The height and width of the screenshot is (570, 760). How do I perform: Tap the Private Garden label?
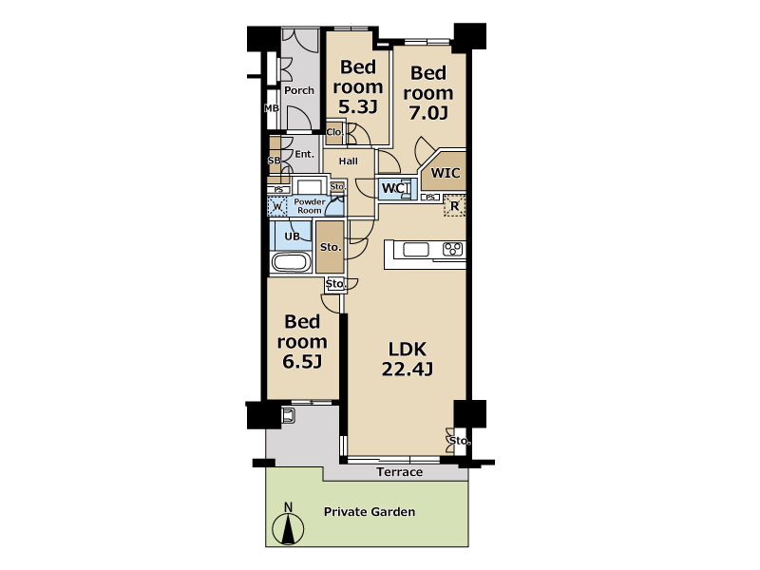tap(370, 512)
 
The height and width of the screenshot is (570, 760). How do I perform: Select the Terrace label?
tap(399, 472)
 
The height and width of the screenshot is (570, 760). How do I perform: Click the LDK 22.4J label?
tap(408, 359)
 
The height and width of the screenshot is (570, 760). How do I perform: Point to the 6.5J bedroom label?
tap(302, 341)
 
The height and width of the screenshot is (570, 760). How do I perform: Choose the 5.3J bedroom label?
tap(358, 86)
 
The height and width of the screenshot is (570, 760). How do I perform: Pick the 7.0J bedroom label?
tap(428, 92)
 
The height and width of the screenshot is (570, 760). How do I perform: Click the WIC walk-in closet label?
tap(446, 173)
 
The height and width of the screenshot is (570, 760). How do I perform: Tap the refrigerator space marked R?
tap(455, 206)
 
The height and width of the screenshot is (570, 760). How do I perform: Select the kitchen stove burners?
tap(453, 250)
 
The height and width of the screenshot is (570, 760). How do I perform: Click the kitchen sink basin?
tap(416, 250)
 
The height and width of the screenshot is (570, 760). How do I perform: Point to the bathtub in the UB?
tap(292, 262)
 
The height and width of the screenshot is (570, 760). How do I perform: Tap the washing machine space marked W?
tap(277, 207)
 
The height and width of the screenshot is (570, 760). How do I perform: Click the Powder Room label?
tap(310, 206)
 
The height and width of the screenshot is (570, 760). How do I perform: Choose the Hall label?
tap(349, 161)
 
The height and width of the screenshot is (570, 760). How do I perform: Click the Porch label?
tap(299, 90)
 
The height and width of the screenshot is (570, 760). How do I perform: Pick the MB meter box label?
tap(272, 108)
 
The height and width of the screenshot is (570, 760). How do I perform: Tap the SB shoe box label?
tap(274, 161)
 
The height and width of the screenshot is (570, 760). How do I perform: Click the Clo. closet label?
tap(334, 132)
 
